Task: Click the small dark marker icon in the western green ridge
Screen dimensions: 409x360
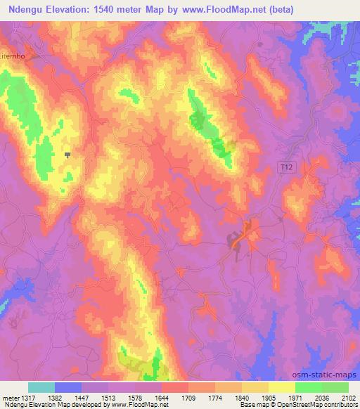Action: [x=67, y=155]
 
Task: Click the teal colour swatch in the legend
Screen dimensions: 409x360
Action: [x=41, y=387]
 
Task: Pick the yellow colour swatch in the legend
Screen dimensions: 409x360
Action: [x=282, y=387]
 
